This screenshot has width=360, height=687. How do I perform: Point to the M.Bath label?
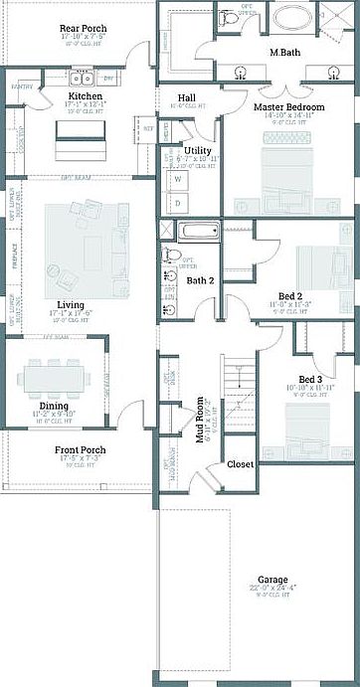(x=287, y=51)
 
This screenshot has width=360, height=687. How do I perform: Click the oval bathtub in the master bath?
(x=293, y=19)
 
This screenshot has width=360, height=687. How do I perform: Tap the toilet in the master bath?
(x=230, y=20)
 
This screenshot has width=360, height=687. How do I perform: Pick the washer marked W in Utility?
(x=179, y=180)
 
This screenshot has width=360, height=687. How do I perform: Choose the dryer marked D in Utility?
(x=179, y=203)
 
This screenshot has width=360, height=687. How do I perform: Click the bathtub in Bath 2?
(x=201, y=231)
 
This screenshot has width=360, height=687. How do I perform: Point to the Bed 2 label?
(x=290, y=296)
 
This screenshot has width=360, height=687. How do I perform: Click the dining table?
(x=56, y=379)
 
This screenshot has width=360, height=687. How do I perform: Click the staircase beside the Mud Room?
(x=235, y=389)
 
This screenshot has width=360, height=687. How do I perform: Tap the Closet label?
(x=240, y=464)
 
